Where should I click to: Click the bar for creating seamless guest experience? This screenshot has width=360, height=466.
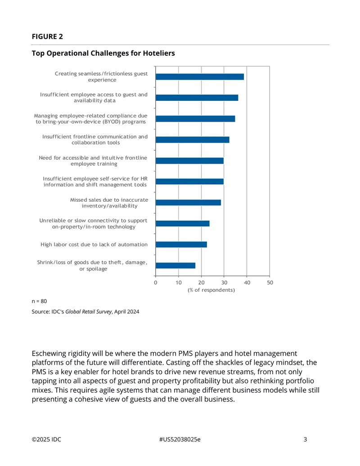pyautogui.click(x=200, y=77)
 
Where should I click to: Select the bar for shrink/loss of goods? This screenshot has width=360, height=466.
pyautogui.click(x=175, y=265)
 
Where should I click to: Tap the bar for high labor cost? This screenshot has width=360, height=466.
pyautogui.click(x=181, y=244)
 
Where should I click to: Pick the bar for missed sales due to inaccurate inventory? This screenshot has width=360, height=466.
pyautogui.click(x=188, y=203)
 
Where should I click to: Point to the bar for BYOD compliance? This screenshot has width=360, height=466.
pyautogui.click(x=195, y=119)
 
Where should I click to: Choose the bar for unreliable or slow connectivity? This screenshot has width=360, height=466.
pyautogui.click(x=182, y=223)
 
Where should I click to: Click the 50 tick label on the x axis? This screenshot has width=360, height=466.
pyautogui.click(x=270, y=283)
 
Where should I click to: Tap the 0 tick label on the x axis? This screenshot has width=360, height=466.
pyautogui.click(x=156, y=283)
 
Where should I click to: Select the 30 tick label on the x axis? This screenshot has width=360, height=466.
pyautogui.click(x=224, y=283)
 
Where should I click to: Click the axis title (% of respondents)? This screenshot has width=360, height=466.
pyautogui.click(x=211, y=290)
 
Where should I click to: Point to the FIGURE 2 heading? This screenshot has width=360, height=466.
pyautogui.click(x=47, y=36)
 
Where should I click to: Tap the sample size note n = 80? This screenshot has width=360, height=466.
pyautogui.click(x=39, y=301)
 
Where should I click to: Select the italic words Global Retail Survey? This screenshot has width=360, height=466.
pyautogui.click(x=89, y=312)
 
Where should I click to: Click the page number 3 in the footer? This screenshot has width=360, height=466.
pyautogui.click(x=305, y=439)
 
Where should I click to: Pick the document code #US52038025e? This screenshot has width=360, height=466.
pyautogui.click(x=180, y=439)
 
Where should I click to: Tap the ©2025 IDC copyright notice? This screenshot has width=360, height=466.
pyautogui.click(x=46, y=439)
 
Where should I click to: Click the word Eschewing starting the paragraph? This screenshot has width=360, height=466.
pyautogui.click(x=49, y=353)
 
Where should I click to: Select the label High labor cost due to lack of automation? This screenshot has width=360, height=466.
pyautogui.click(x=94, y=244)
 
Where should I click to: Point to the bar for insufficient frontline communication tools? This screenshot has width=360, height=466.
pyautogui.click(x=193, y=140)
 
